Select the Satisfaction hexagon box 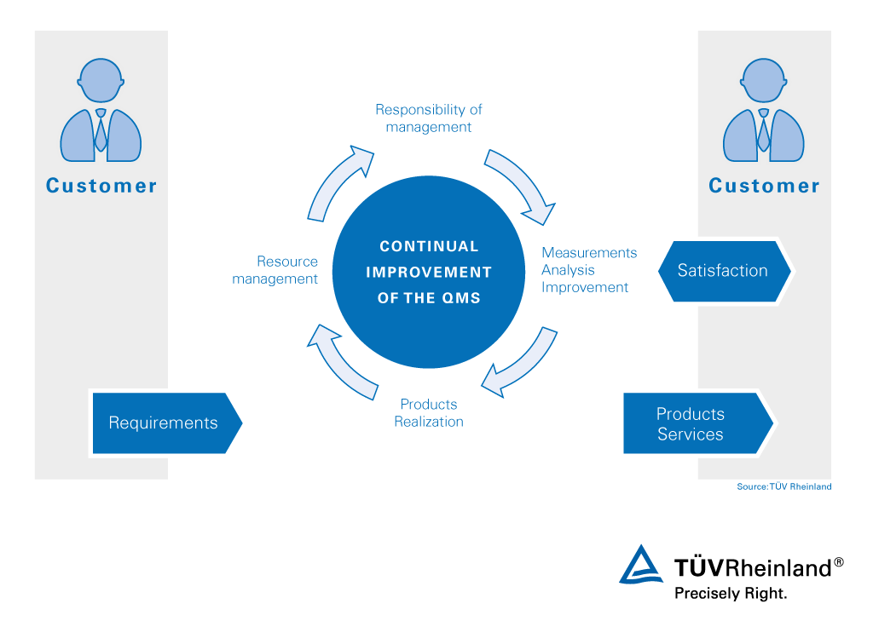724,271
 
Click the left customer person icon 101,111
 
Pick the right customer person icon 763,111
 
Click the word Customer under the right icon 764,186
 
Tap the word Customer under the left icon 101,186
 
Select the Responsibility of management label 429,118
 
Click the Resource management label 275,270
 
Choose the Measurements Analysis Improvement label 589,270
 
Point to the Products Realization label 430,413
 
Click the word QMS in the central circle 460,298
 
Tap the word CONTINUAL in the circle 429,246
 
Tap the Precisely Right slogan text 731,593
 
